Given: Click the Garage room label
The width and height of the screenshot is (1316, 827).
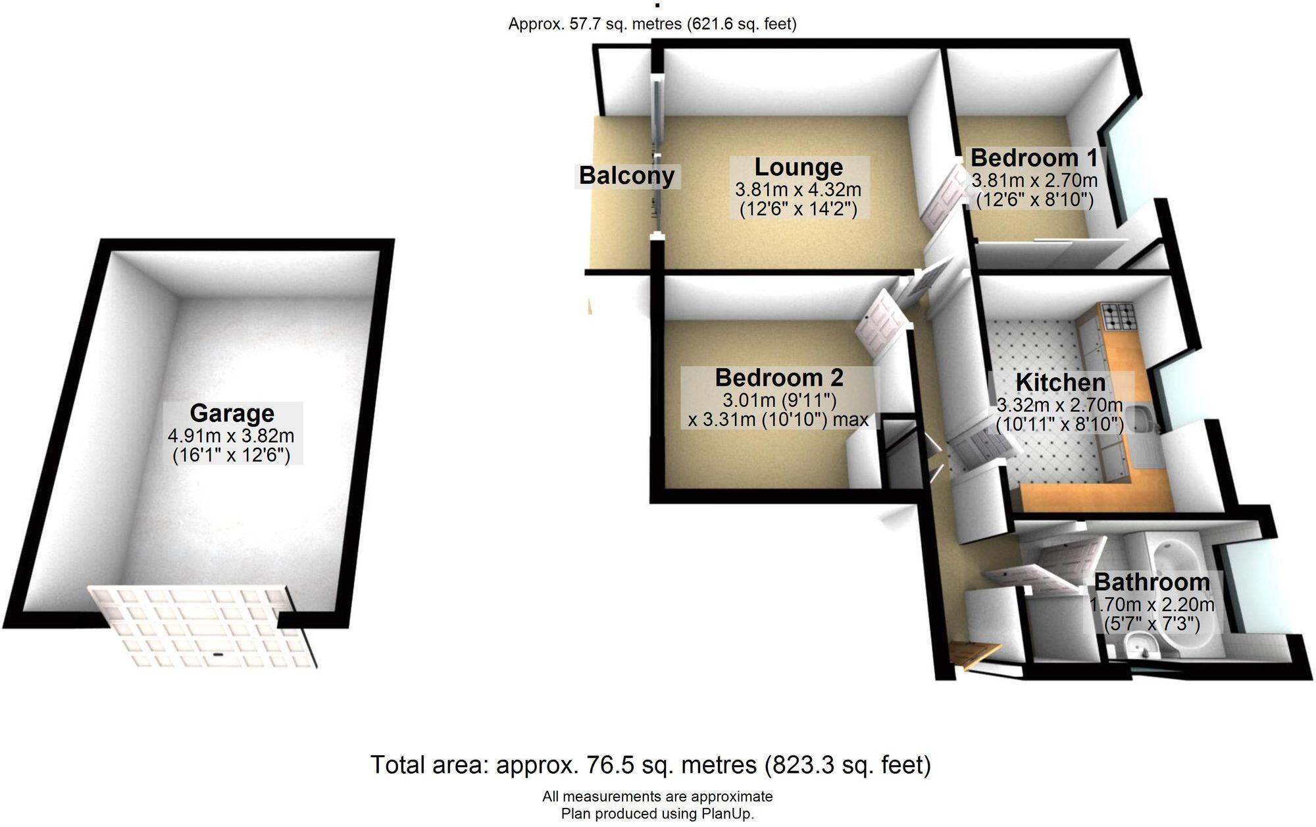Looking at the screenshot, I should [232, 414].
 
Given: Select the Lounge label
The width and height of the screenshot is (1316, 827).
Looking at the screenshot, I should [798, 168].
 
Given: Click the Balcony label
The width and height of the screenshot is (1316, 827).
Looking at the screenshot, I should [626, 176].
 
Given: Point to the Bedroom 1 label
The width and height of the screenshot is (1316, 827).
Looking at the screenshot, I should [1034, 158].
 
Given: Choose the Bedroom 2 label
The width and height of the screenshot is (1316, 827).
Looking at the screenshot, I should [779, 378].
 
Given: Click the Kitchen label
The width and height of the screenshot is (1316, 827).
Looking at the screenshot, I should [1060, 383].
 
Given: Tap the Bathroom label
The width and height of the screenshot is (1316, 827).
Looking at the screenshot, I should [1151, 582].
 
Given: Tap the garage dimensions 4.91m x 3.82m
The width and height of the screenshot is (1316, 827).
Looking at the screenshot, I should [232, 436].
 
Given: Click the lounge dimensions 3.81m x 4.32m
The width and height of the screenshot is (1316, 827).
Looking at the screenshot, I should [798, 190].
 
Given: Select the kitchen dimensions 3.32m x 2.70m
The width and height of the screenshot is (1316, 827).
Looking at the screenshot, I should [1060, 405].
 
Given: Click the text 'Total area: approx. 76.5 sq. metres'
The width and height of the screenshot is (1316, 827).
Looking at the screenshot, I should [563, 765].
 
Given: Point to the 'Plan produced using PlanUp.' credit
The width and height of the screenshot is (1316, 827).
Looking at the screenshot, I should [657, 814].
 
